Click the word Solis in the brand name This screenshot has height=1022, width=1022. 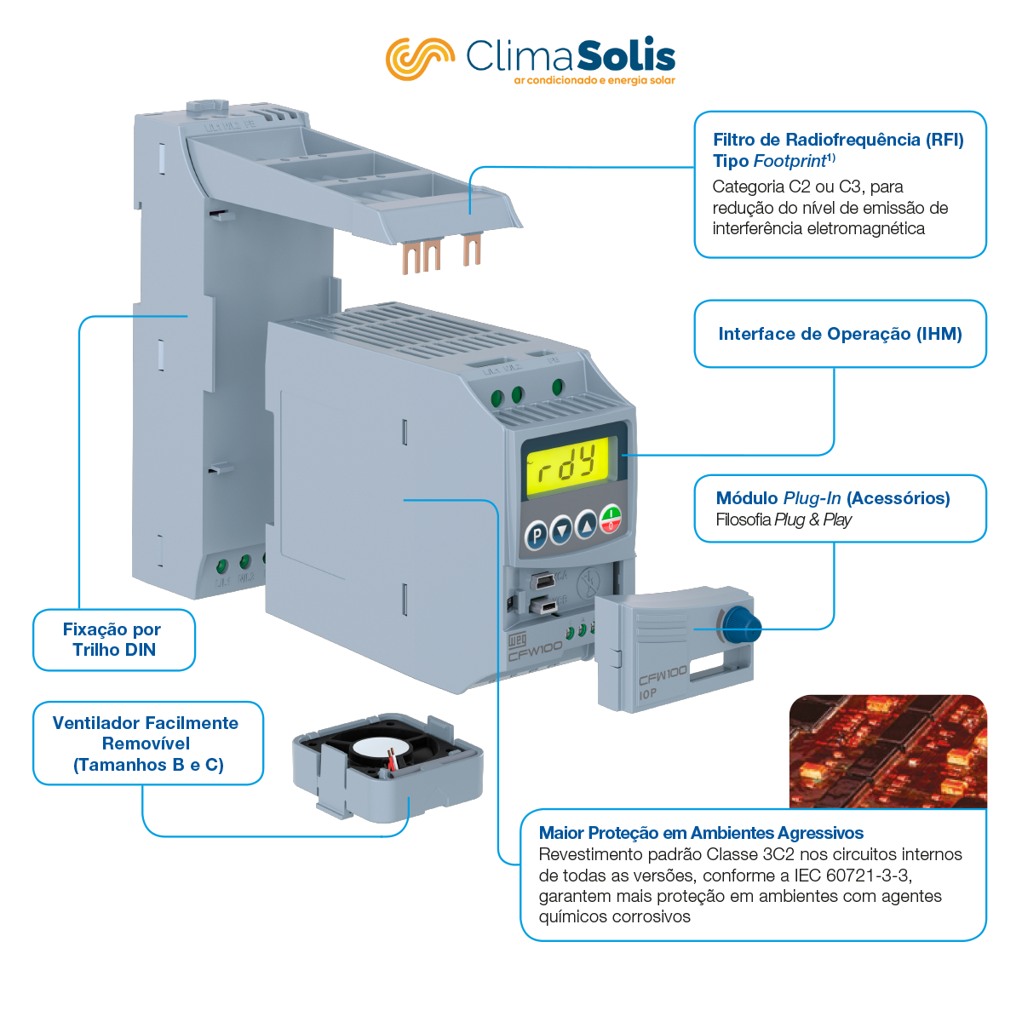click(x=626, y=56)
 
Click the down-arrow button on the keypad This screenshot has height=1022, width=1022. click(x=562, y=531)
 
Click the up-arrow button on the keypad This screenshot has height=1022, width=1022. click(x=587, y=525)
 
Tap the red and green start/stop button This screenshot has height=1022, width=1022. click(x=611, y=518)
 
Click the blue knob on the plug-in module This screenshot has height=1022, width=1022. click(x=740, y=627)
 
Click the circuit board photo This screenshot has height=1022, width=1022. click(x=887, y=751)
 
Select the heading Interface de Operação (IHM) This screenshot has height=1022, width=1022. click(x=840, y=334)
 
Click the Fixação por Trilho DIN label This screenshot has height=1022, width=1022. click(x=112, y=640)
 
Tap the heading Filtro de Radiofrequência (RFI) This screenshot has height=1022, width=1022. click(x=838, y=140)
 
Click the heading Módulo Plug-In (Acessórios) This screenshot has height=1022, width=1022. click(x=832, y=498)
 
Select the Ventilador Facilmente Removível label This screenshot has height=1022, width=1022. click(x=147, y=744)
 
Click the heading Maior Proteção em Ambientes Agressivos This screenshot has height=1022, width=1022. click(x=701, y=833)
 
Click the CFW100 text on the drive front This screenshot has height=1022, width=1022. click(x=536, y=651)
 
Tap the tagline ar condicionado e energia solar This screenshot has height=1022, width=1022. click(x=594, y=81)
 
